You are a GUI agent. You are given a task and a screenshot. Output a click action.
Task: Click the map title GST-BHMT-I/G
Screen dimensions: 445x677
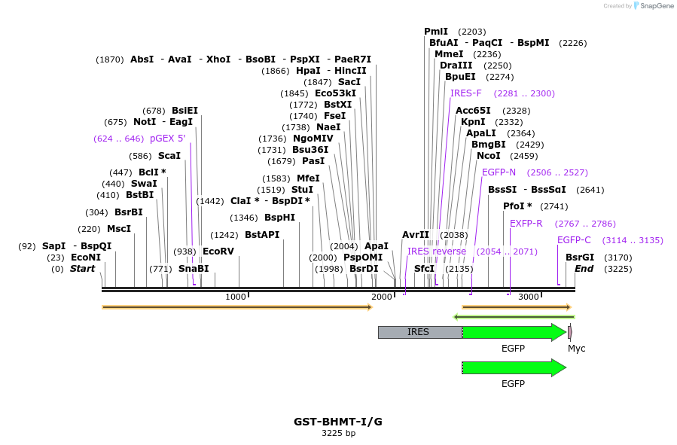(338, 422)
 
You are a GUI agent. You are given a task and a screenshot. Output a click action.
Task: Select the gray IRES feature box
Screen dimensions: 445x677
(419, 332)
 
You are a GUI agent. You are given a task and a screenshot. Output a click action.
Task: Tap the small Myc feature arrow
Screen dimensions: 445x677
(570, 332)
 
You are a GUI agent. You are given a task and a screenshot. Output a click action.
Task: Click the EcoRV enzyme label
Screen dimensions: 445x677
(218, 251)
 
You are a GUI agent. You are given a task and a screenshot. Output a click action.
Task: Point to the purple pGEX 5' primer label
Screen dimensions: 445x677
(167, 139)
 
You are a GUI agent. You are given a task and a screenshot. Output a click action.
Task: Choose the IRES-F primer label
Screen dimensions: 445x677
(465, 93)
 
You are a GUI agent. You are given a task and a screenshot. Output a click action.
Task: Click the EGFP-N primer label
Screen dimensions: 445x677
(499, 172)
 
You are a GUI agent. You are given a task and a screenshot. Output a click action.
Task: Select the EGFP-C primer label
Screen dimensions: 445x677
(574, 240)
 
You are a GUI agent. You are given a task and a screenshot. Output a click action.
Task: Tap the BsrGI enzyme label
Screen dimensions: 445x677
(580, 258)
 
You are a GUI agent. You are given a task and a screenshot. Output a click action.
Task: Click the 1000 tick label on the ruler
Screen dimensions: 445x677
(236, 297)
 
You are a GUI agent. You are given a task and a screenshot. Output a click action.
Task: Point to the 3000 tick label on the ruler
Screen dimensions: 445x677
(529, 297)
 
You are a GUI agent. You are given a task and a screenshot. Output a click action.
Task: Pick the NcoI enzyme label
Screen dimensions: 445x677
(488, 156)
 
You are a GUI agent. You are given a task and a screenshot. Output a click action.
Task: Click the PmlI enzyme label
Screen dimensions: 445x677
(436, 32)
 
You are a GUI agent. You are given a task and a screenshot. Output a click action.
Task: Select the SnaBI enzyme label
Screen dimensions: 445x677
(194, 269)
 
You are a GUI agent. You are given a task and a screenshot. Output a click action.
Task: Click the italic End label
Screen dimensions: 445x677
(584, 269)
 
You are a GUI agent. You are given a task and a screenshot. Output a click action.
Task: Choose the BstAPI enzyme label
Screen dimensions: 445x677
(262, 235)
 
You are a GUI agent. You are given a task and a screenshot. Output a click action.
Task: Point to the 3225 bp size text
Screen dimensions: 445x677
(338, 434)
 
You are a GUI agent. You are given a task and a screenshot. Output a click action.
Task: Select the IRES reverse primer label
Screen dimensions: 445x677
(437, 251)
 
